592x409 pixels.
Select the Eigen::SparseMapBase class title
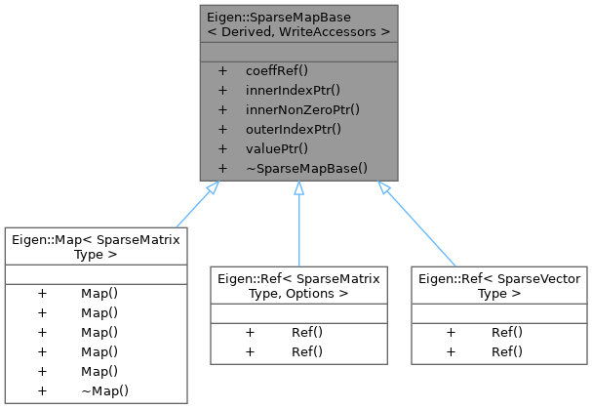(x=298, y=25)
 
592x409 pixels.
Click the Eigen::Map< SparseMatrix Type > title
(x=95, y=246)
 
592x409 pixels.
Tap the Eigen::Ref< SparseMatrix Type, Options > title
(x=298, y=285)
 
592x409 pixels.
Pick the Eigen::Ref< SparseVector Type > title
(x=498, y=285)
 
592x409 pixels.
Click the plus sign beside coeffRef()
(x=222, y=71)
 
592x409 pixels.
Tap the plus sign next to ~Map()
(x=42, y=390)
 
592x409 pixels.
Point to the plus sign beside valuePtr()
(x=222, y=148)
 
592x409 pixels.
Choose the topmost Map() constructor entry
(x=99, y=293)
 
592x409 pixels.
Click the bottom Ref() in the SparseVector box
(x=506, y=351)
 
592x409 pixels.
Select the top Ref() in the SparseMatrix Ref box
(x=306, y=332)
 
